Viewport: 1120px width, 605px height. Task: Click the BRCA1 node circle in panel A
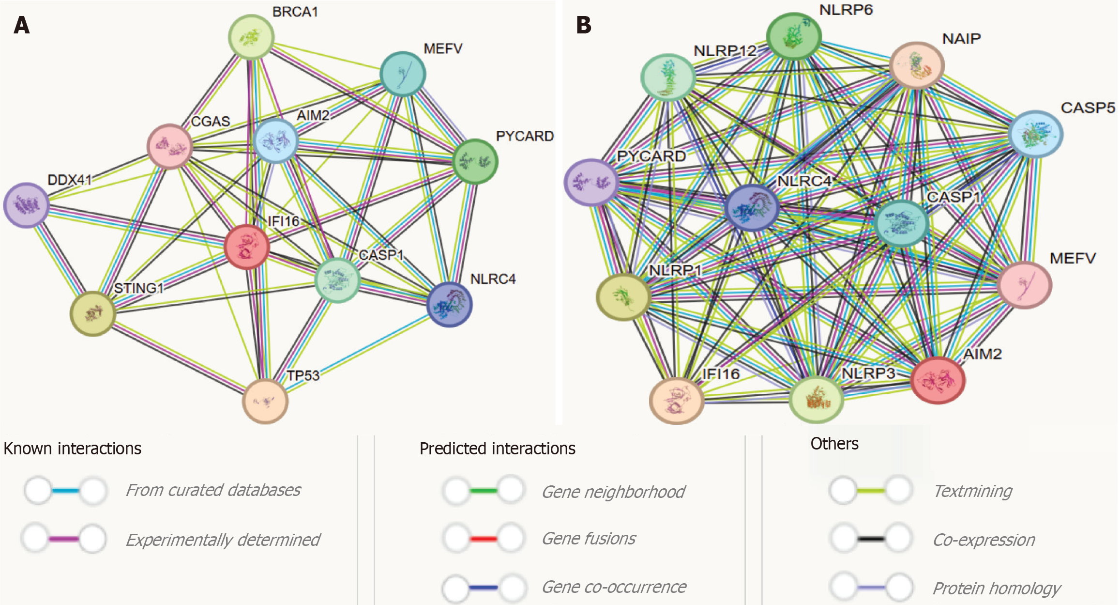click(x=251, y=37)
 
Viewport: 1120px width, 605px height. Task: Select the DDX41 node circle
click(x=27, y=205)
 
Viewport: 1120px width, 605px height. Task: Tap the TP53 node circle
click(x=265, y=401)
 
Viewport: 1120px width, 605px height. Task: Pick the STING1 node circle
click(x=93, y=313)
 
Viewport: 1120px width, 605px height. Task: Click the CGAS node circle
click(x=170, y=146)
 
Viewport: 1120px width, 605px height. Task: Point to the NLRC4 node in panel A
click(x=450, y=304)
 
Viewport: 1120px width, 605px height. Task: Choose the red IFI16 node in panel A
click(x=247, y=247)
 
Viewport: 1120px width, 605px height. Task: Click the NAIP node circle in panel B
click(x=917, y=65)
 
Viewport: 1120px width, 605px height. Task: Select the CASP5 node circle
click(x=1036, y=134)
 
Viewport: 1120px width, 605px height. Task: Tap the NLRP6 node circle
click(x=794, y=36)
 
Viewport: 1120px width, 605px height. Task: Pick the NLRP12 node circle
click(x=668, y=78)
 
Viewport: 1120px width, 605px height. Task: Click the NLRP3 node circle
click(x=817, y=400)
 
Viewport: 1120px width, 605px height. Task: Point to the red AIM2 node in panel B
click(x=938, y=380)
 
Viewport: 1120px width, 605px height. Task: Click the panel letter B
click(x=584, y=25)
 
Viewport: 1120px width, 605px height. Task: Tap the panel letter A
click(x=22, y=25)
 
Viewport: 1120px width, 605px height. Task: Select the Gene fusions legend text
click(x=589, y=538)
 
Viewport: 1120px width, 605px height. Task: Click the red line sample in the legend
click(x=483, y=539)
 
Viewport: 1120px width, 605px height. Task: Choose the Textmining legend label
click(x=972, y=491)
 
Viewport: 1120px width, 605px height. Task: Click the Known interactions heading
click(x=73, y=449)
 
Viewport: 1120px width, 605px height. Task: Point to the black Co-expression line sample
click(x=871, y=539)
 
